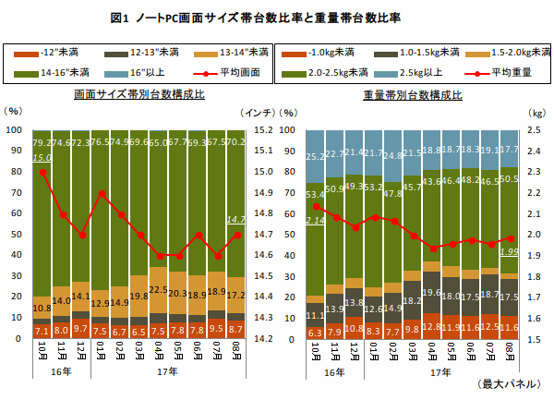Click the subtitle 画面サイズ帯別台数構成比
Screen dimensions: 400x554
(x=138, y=95)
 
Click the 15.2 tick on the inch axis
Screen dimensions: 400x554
(x=263, y=130)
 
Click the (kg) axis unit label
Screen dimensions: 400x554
(x=535, y=112)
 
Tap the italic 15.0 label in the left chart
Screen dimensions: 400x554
(x=42, y=158)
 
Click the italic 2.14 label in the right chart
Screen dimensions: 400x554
(x=316, y=222)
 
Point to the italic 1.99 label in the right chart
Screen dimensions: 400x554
(x=508, y=251)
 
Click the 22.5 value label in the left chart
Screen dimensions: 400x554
(x=159, y=290)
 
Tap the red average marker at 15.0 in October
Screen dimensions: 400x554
(x=42, y=172)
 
